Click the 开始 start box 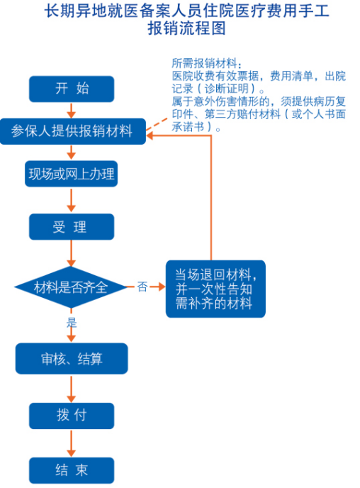click(72, 89)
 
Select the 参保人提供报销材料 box click(73, 131)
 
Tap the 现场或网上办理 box click(71, 174)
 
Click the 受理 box click(72, 226)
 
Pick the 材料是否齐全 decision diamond click(71, 287)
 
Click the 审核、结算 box click(72, 358)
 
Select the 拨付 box click(72, 416)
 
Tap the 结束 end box click(72, 470)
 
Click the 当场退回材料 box click(215, 289)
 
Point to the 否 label click(142, 287)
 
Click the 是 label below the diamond click(72, 323)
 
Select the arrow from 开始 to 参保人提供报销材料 click(72, 110)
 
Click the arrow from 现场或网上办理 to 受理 click(72, 200)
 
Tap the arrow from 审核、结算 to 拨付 click(72, 389)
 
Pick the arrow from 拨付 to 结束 click(72, 443)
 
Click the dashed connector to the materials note click(157, 124)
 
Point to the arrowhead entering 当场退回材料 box click(162, 287)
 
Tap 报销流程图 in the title click(186, 28)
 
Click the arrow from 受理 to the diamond click(72, 253)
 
